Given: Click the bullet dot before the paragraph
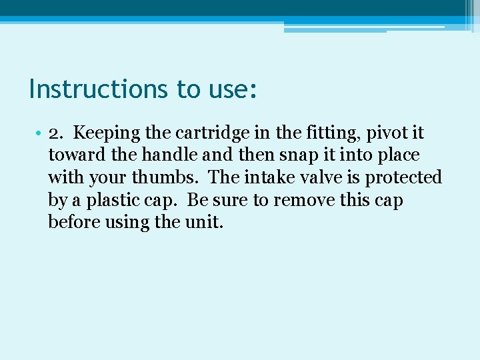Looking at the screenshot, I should [40, 133].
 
